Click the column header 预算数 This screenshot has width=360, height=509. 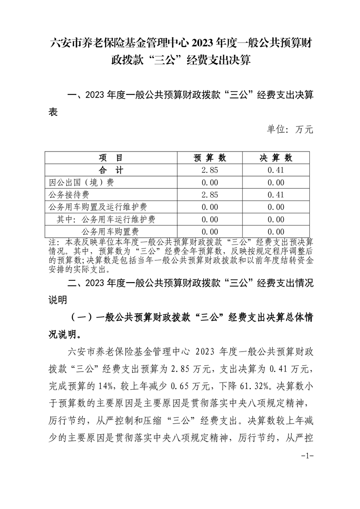[x=209, y=158]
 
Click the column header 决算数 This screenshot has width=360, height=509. [x=276, y=158]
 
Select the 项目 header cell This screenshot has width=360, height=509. [x=111, y=158]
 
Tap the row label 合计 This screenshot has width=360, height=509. [x=111, y=170]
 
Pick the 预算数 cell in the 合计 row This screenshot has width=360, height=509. [x=209, y=170]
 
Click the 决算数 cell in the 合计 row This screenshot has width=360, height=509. [x=276, y=170]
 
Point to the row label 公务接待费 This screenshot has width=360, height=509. [x=68, y=195]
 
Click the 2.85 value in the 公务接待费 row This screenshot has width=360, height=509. [x=209, y=195]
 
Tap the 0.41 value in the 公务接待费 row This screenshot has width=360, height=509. [x=276, y=195]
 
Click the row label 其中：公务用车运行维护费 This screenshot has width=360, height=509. [x=106, y=219]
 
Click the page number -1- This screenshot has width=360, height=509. [x=307, y=455]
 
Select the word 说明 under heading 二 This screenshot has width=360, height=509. [x=58, y=300]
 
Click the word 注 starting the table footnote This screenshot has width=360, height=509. [x=51, y=242]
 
